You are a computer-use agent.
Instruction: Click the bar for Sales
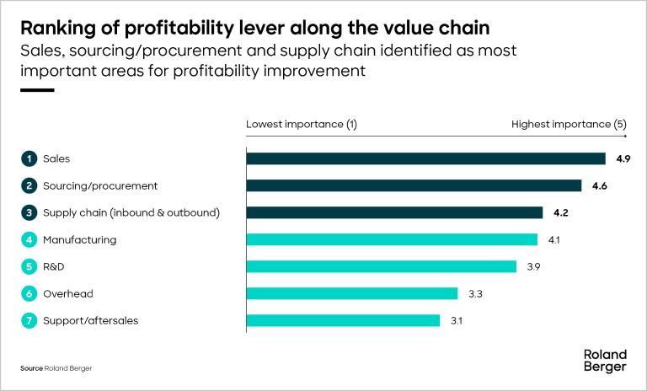[x=425, y=158]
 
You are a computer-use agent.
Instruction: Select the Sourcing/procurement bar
[x=414, y=185]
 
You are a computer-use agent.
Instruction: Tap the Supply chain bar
[x=394, y=212]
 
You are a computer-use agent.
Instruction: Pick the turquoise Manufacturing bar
[x=392, y=239]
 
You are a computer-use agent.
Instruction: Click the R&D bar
[x=381, y=266]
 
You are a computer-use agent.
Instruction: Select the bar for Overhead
[x=351, y=293]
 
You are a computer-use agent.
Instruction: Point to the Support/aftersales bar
[x=343, y=320]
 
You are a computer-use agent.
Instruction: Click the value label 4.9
[x=623, y=158]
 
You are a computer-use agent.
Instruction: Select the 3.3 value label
[x=474, y=293]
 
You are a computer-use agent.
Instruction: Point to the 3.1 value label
[x=457, y=320]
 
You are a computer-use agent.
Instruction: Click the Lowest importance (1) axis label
[x=302, y=124]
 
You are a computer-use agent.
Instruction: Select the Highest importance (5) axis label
[x=569, y=124]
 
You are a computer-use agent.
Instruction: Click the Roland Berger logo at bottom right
[x=605, y=361]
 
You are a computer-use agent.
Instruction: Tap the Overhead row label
[x=69, y=293]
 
